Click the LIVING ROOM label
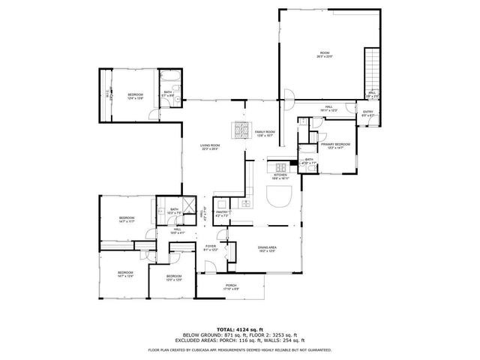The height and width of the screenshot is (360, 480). click(210, 147)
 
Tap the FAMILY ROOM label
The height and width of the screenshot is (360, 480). click(265, 133)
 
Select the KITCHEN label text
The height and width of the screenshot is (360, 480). click(280, 176)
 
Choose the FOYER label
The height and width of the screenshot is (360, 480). click(211, 247)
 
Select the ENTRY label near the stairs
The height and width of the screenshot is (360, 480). click(368, 113)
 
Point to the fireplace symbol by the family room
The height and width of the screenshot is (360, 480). click(241, 129)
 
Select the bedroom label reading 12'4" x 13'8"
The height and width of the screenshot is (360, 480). click(135, 96)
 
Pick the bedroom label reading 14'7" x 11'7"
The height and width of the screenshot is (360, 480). click(126, 220)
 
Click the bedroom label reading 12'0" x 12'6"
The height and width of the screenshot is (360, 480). click(174, 278)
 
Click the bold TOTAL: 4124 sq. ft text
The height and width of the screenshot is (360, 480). click(240, 329)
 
